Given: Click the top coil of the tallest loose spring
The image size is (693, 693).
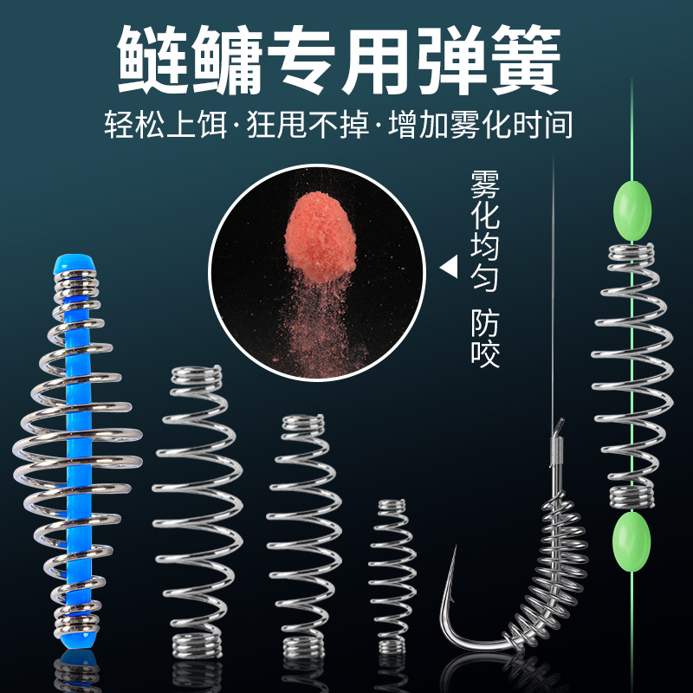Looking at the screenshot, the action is point(197,376).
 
